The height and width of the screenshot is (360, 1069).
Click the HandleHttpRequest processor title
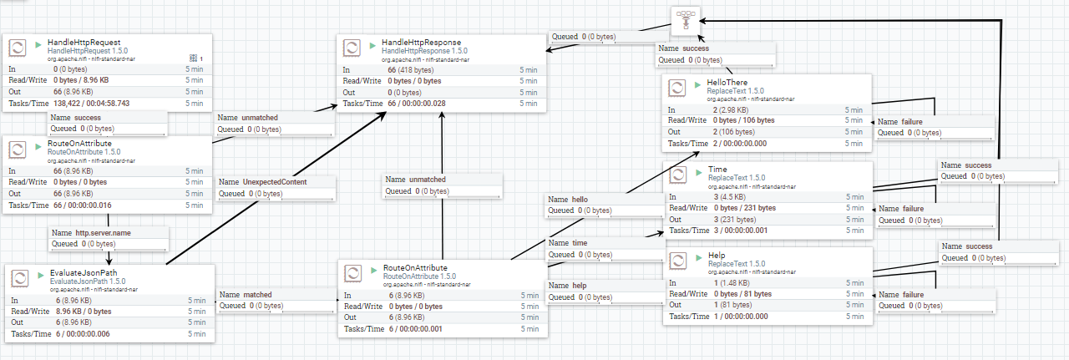point(84,43)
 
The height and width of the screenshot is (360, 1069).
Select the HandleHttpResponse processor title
point(422,43)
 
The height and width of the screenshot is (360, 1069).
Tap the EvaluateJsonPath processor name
point(84,273)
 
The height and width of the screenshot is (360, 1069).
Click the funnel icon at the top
point(686,21)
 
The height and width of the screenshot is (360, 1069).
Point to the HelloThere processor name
point(727,83)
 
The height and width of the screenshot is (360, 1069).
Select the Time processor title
point(717,170)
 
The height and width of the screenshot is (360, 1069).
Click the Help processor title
point(717,256)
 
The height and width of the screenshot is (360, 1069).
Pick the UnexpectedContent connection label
point(275,182)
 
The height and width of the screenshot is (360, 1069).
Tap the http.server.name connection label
point(103,233)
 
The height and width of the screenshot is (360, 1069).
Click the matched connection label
point(257,295)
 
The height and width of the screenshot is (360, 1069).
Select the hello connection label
point(580,200)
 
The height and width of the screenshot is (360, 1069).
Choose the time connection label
point(580,243)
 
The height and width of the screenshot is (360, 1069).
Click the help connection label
point(580,286)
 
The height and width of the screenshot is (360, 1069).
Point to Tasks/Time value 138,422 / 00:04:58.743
point(92,104)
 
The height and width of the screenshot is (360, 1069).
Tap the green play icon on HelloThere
point(697,84)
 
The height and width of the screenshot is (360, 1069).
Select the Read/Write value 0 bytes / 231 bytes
point(745,208)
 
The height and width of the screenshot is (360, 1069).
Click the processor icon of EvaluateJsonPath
point(19,278)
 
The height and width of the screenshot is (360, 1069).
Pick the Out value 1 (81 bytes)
point(732,305)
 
